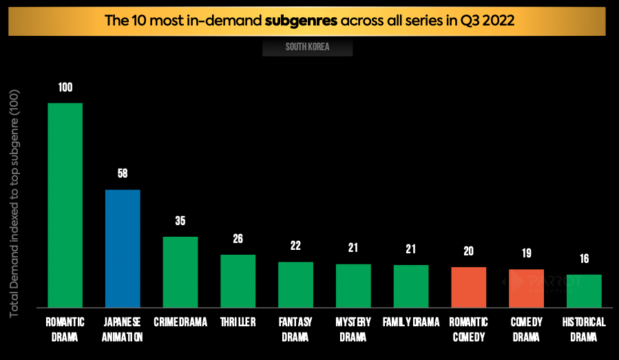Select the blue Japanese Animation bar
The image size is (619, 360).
tap(123, 248)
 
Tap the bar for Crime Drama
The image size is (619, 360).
tap(180, 272)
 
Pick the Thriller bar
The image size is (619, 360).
tap(238, 281)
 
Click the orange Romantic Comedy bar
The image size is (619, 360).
tap(469, 287)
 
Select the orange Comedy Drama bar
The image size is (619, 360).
tap(526, 288)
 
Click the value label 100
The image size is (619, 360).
tap(65, 87)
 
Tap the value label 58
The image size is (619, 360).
tap(123, 173)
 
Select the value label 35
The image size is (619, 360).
tap(180, 221)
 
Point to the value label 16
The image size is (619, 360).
tap(584, 259)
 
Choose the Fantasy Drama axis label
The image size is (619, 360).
tap(296, 329)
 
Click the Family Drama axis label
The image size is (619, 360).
tap(411, 322)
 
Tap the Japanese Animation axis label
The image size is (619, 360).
tap(123, 329)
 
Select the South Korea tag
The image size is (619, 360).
tap(307, 47)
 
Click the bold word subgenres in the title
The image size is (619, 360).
tap(301, 19)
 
